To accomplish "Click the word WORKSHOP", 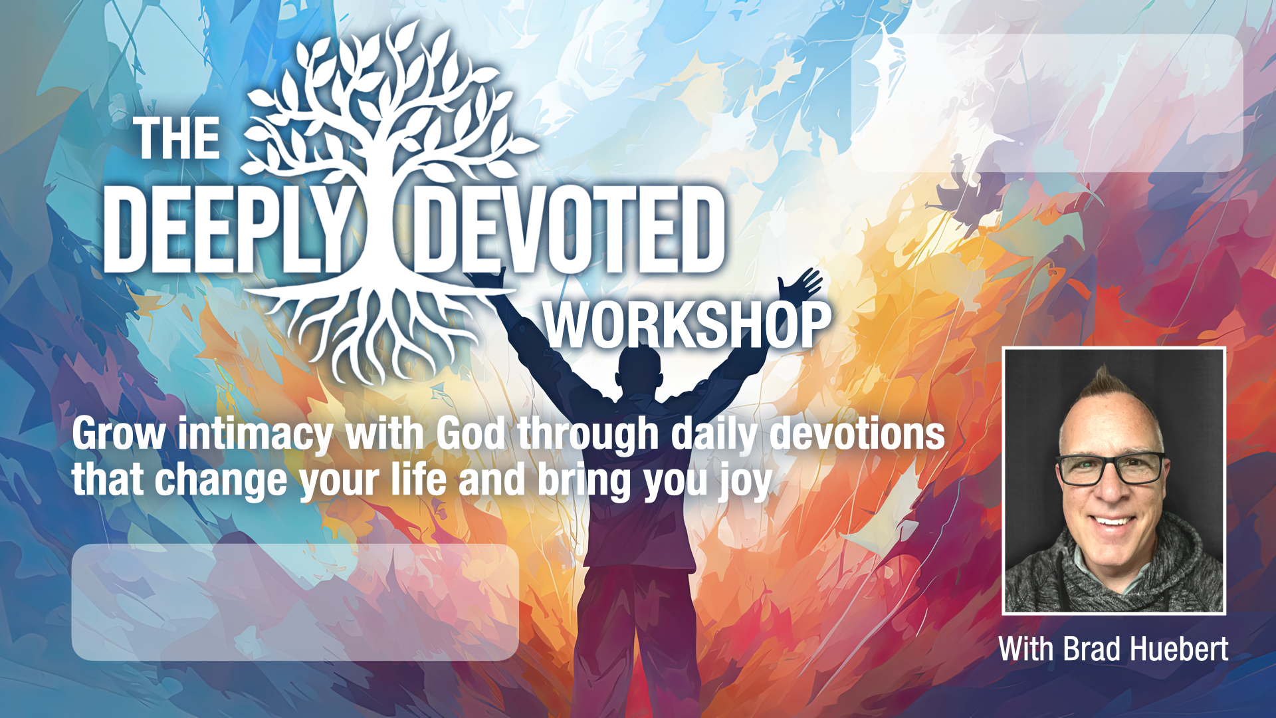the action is (688, 325).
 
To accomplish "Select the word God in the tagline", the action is (471, 434).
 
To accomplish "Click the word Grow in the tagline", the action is (119, 434).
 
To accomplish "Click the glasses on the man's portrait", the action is (1111, 468).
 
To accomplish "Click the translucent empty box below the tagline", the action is (295, 602).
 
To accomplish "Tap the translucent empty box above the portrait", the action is (1047, 103).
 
